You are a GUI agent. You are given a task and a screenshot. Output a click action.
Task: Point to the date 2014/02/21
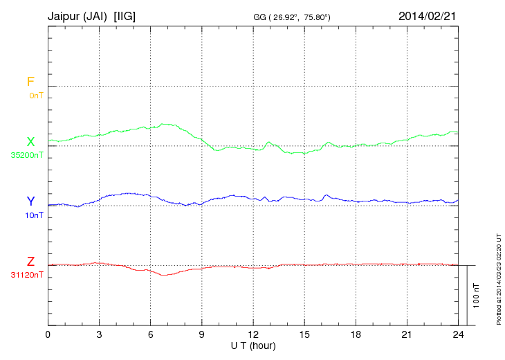pos(428,15)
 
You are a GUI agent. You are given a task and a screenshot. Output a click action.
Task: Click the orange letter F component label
pos(30,82)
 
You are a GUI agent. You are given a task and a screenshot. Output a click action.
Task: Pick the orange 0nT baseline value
pos(36,95)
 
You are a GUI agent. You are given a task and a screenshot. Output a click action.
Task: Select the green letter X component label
pos(30,142)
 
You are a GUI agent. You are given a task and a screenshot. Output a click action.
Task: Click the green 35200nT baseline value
pos(26,155)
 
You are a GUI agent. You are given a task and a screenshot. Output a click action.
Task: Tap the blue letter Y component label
pos(30,201)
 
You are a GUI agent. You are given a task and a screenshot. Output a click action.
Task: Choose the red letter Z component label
pos(30,262)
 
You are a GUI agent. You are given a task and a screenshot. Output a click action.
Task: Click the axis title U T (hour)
pos(253,345)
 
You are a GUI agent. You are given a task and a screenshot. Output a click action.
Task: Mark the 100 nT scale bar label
pos(477,295)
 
